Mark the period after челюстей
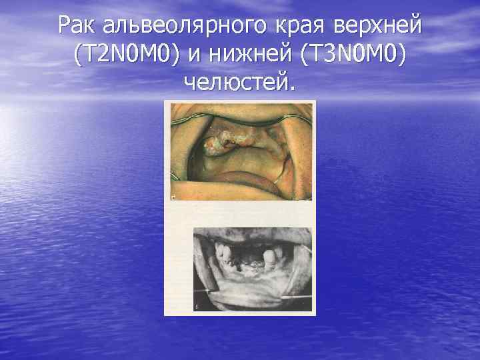pos(291,88)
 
